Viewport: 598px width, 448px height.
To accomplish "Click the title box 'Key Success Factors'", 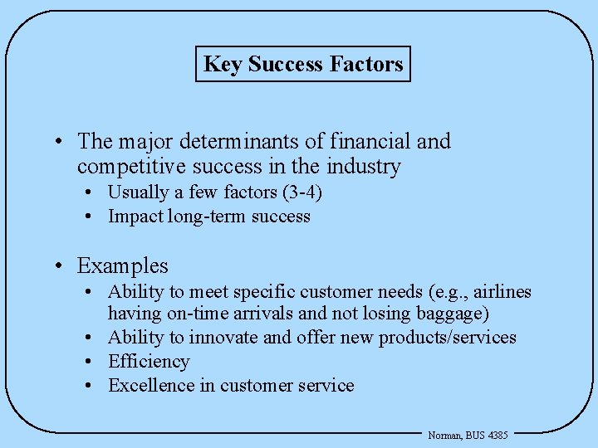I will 303,64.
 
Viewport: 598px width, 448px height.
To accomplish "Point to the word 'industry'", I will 364,167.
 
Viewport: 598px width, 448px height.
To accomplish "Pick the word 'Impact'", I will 136,217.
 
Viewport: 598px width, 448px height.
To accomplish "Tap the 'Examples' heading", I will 123,265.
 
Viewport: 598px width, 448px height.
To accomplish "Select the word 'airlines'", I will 502,292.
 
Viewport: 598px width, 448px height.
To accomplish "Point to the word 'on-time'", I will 198,314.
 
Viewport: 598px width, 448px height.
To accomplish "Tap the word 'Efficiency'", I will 149,362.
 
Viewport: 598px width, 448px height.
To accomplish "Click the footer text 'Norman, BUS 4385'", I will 468,435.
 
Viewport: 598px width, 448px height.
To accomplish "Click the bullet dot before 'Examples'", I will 61,266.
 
